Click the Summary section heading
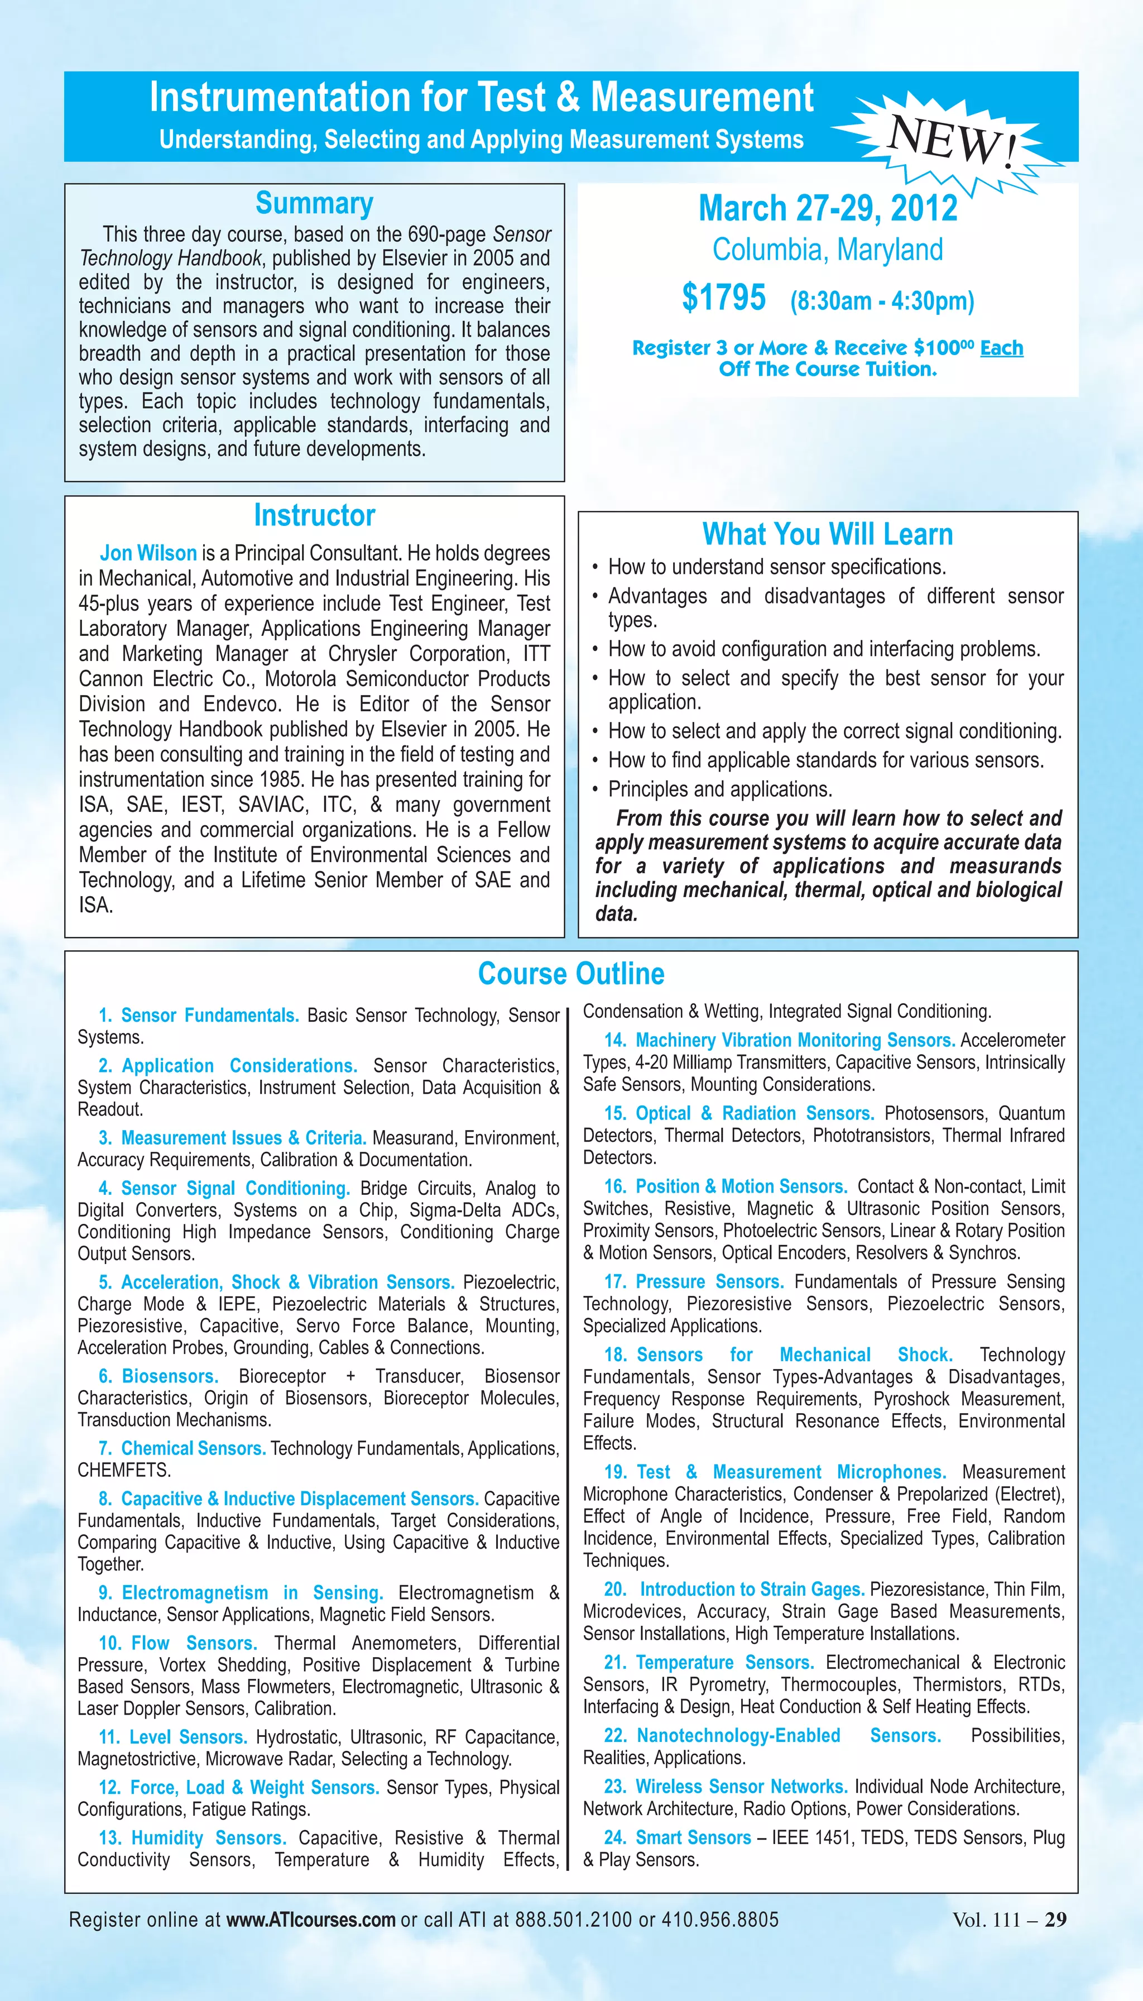(x=314, y=203)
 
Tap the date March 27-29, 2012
(x=828, y=208)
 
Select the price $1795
(x=723, y=298)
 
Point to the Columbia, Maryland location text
(x=828, y=250)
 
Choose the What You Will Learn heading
(x=828, y=534)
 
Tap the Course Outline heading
(x=571, y=974)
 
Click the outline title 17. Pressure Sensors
(x=694, y=1282)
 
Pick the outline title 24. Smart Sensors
(x=678, y=1837)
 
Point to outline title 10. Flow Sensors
(x=178, y=1643)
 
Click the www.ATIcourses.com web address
(x=311, y=1920)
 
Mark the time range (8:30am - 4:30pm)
(x=882, y=301)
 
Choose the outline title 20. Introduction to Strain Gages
(x=734, y=1590)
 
